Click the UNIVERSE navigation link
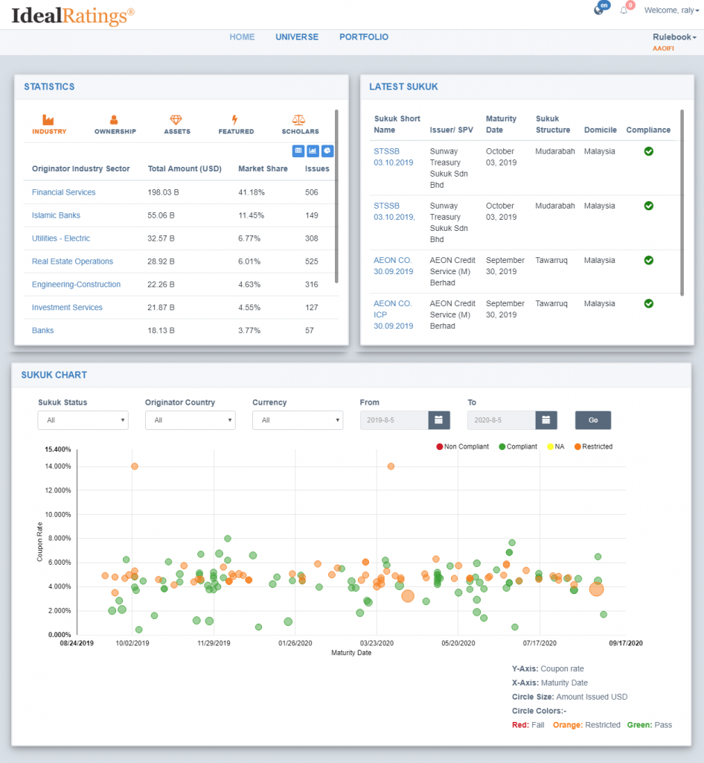click(297, 37)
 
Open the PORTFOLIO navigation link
click(363, 37)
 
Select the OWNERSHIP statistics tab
click(115, 124)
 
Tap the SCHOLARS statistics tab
click(300, 124)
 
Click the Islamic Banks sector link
click(56, 215)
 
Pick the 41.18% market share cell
click(252, 192)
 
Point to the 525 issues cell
click(311, 262)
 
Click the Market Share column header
click(263, 169)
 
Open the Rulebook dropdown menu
click(674, 37)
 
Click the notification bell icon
click(624, 10)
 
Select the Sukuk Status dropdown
click(83, 420)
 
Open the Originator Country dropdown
click(191, 420)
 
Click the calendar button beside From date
click(439, 420)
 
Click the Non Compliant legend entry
click(463, 447)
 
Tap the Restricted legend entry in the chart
click(593, 447)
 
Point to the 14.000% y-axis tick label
click(58, 466)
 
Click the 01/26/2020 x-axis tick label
click(295, 643)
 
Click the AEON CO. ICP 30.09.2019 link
click(393, 315)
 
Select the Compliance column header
click(648, 130)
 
